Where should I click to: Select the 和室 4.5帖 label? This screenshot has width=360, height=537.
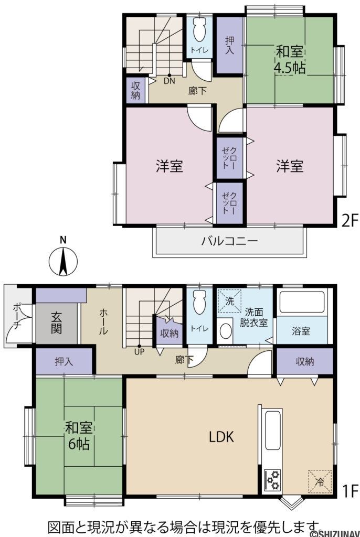(x=290, y=60)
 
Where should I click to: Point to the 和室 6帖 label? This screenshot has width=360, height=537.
(x=77, y=436)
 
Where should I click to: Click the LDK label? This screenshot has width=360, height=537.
(x=221, y=436)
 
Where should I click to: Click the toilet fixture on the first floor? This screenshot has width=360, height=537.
(x=199, y=303)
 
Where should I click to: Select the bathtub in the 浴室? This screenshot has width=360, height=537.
(x=302, y=303)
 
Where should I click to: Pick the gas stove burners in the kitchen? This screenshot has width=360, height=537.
(x=272, y=479)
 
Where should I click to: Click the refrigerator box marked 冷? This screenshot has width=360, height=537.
(x=320, y=481)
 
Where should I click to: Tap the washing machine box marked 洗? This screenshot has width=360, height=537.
(x=229, y=302)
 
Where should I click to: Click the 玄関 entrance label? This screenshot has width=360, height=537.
(x=57, y=323)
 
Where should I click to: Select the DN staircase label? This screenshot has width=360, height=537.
(x=169, y=81)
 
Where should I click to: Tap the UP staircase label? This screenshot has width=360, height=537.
(x=139, y=352)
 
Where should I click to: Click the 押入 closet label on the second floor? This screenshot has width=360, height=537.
(x=230, y=45)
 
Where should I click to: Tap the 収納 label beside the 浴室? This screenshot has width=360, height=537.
(x=305, y=361)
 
